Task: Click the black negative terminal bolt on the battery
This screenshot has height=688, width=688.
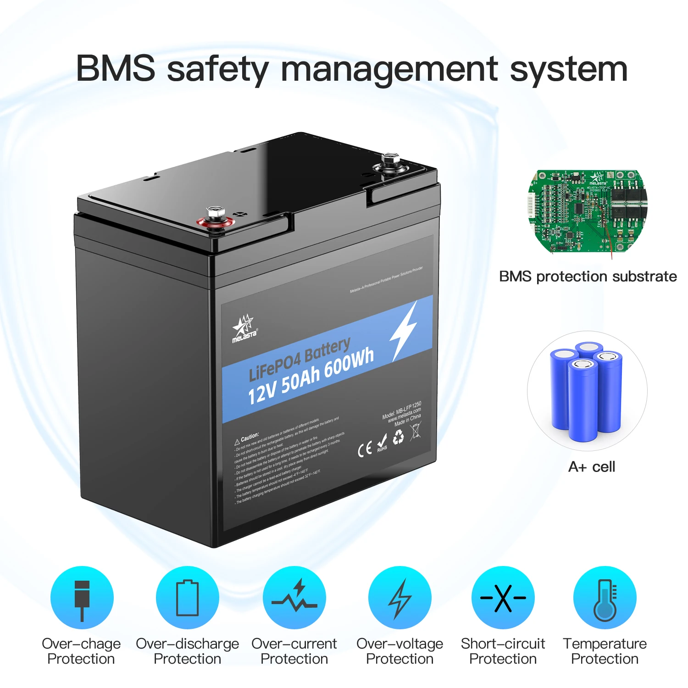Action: coord(391,165)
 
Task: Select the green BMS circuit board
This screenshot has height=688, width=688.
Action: coord(588,211)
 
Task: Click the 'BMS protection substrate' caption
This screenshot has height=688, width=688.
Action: coord(588,276)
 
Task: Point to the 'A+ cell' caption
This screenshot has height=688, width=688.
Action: coord(591,467)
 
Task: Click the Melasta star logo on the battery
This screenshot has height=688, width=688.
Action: coord(244,327)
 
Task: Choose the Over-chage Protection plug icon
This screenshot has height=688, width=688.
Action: coord(82,598)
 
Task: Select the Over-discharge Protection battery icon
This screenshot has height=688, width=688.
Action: coord(188,598)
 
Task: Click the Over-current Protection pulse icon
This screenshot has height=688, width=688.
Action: coord(294,598)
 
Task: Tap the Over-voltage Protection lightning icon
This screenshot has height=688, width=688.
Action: coord(400,598)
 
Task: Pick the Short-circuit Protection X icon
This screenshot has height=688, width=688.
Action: coord(503,598)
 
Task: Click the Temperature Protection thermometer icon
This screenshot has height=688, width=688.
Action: coord(605,598)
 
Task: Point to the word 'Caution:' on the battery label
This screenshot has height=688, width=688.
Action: coord(250,436)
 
